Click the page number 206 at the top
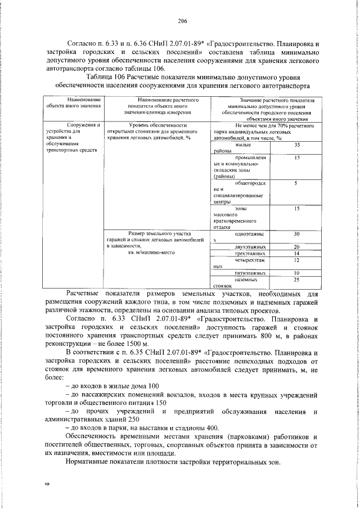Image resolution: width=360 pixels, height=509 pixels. [182, 22]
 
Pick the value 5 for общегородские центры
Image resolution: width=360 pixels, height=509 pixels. [296, 183]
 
